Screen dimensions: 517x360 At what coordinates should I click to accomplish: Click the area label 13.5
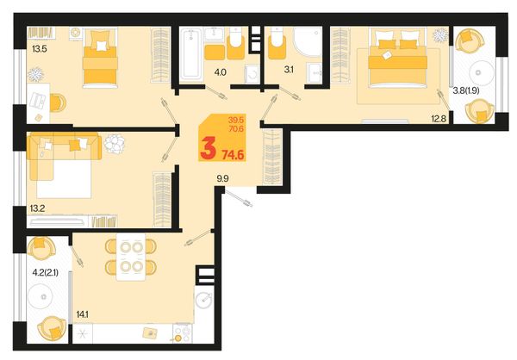[40, 49]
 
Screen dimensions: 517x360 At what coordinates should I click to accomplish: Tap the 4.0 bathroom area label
[221, 71]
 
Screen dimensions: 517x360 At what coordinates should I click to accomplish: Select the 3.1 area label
[289, 70]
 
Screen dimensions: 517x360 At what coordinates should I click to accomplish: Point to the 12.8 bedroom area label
[439, 119]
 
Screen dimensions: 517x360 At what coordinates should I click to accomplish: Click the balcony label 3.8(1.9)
[466, 90]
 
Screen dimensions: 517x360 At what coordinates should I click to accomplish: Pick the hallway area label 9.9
[222, 178]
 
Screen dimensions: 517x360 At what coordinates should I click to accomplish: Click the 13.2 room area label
[37, 208]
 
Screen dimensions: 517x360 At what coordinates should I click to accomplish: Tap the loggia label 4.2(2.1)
[46, 272]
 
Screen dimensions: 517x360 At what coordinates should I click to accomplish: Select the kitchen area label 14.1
[82, 315]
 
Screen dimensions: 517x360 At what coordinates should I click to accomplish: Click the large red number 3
[209, 148]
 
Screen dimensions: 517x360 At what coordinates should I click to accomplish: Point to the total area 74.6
[234, 154]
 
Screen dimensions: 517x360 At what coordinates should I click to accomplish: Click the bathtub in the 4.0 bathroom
[190, 54]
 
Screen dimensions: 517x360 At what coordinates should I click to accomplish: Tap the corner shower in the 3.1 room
[308, 42]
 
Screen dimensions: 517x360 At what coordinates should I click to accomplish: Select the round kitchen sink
[204, 300]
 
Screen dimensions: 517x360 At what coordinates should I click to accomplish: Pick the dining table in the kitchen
[131, 257]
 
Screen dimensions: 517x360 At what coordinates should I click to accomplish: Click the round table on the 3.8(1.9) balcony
[482, 73]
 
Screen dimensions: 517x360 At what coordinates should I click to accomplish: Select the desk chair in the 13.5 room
[58, 102]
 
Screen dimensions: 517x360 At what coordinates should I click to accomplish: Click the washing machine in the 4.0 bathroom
[252, 74]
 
